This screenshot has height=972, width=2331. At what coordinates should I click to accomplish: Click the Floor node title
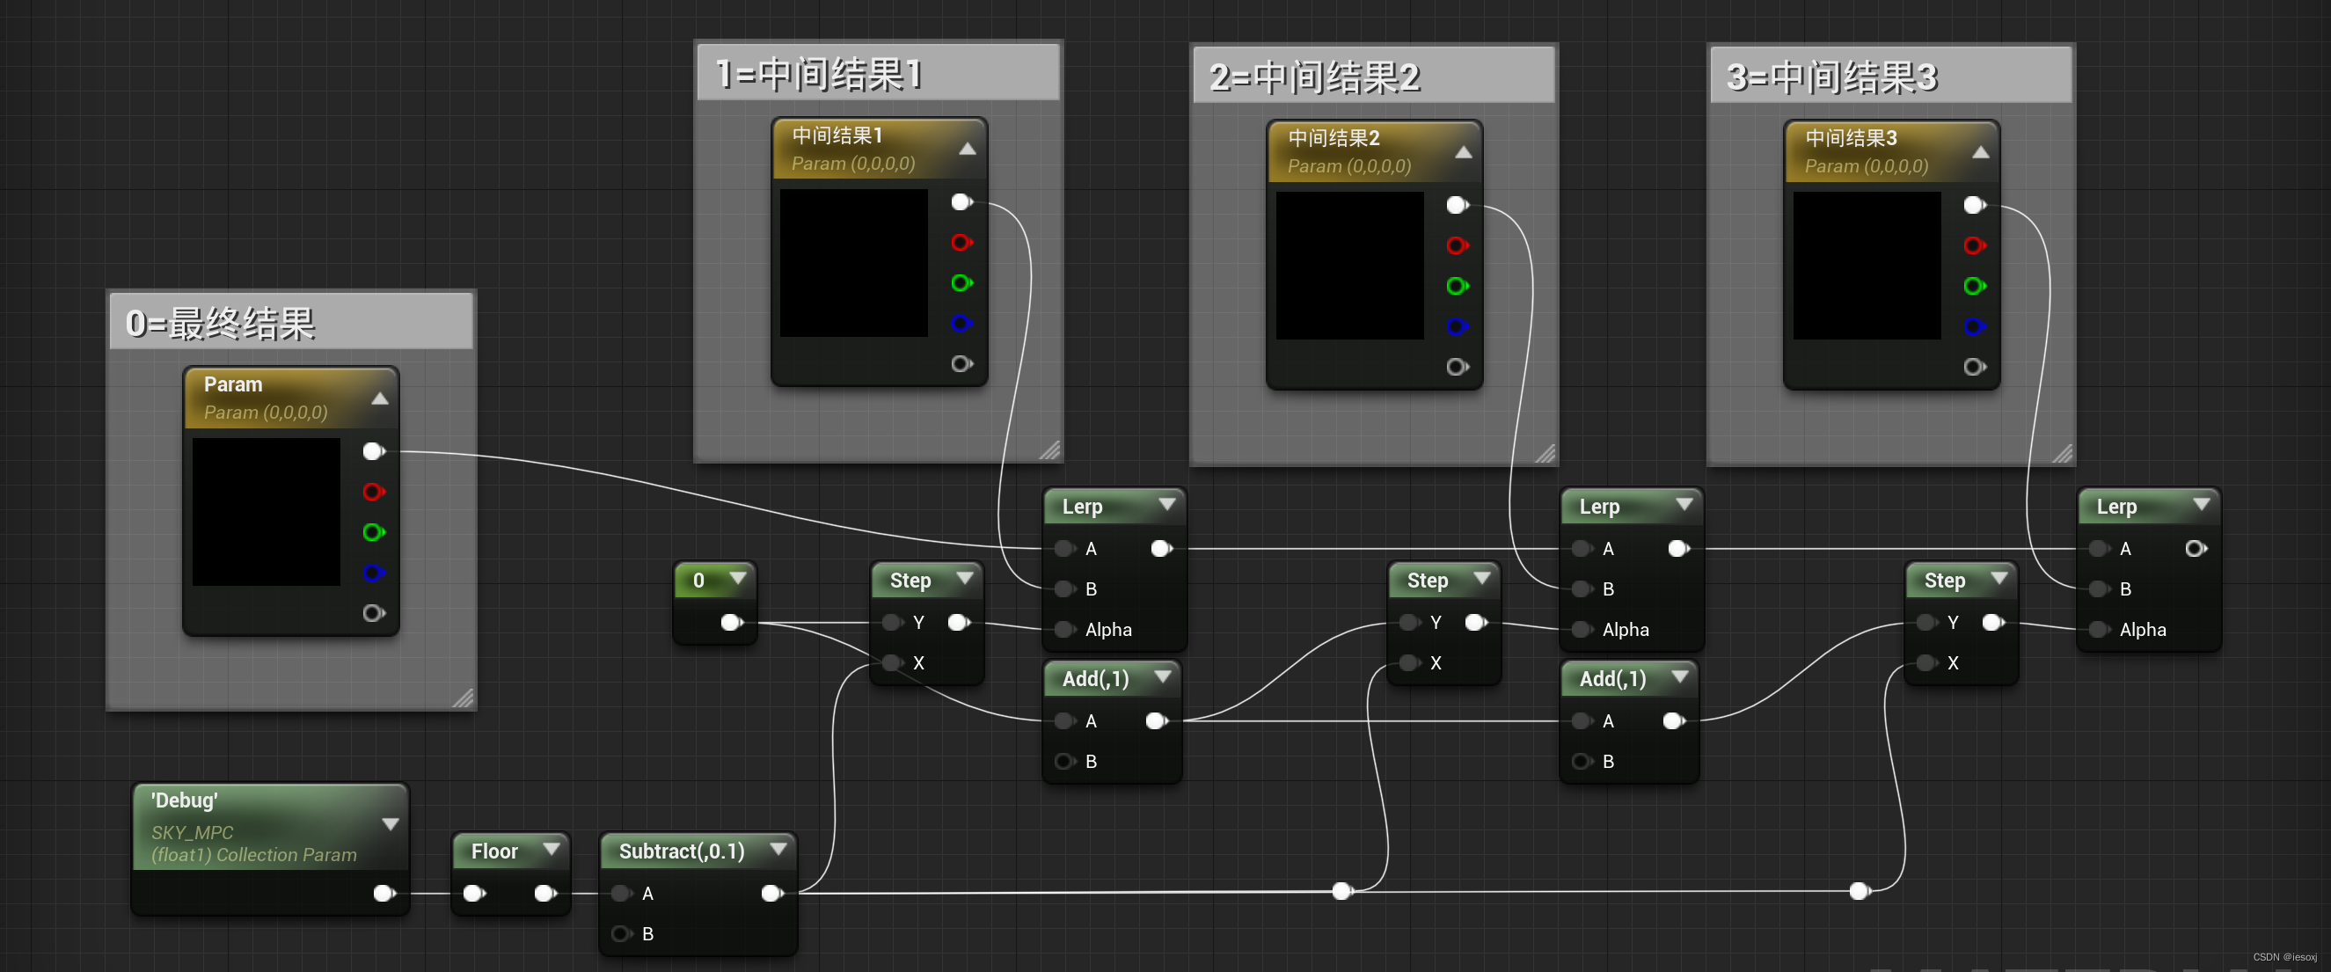[x=494, y=851]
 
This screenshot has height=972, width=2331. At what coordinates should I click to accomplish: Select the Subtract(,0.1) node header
[x=682, y=851]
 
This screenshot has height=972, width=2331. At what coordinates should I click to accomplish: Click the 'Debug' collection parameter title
[x=185, y=800]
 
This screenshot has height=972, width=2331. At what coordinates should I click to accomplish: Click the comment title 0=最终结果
[x=221, y=323]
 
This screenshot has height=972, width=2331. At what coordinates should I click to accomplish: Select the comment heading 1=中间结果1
[x=819, y=73]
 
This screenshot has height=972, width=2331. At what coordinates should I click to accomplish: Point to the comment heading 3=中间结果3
[x=1831, y=77]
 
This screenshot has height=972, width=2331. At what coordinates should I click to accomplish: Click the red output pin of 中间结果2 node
[x=1456, y=245]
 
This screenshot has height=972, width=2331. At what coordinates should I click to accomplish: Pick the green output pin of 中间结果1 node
[x=960, y=283]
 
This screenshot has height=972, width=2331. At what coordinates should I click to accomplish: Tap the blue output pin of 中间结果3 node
[x=1973, y=325]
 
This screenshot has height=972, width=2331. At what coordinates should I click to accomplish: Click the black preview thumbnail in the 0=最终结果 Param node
[x=266, y=511]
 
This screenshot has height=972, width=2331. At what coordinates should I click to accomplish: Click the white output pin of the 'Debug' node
[x=383, y=893]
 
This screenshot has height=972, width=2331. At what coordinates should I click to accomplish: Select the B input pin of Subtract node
[x=622, y=933]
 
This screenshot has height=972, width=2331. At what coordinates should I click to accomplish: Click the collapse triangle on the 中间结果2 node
[x=1463, y=152]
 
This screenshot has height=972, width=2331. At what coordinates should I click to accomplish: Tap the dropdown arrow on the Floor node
[x=550, y=849]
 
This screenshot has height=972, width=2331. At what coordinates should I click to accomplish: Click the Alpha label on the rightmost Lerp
[x=2142, y=629]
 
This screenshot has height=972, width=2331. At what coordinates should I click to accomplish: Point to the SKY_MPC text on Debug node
[x=192, y=832]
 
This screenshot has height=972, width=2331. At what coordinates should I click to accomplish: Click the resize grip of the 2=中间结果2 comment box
[x=1545, y=453]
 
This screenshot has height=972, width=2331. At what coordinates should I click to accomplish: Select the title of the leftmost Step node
[x=910, y=581]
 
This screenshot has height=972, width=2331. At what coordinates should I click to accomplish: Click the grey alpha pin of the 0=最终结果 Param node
[x=373, y=613]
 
